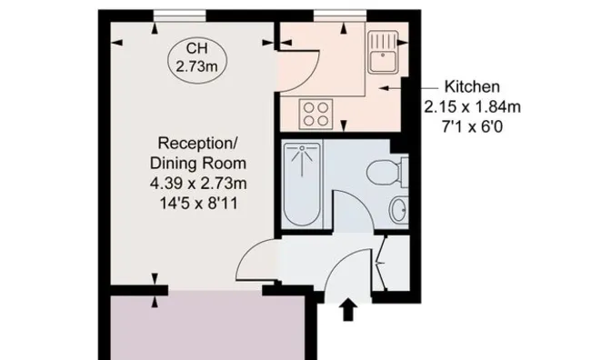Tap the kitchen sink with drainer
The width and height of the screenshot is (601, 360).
383,52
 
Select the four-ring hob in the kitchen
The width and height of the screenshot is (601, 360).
316,114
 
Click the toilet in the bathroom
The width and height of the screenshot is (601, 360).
386,172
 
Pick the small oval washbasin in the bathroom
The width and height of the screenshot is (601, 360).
399,210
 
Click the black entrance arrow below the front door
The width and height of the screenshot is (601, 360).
348,309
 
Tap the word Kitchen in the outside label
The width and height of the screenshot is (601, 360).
472,86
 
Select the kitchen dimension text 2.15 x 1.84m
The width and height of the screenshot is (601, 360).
472,106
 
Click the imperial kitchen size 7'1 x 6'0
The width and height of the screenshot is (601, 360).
472,126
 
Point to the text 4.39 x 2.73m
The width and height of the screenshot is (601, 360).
198,184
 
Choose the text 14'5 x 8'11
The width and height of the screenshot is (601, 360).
198,204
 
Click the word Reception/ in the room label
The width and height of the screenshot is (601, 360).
198,144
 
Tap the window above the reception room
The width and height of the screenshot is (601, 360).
180,15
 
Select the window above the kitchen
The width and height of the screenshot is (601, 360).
340,15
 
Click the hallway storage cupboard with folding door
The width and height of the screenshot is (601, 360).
393,263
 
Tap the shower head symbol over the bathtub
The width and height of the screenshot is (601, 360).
303,160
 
